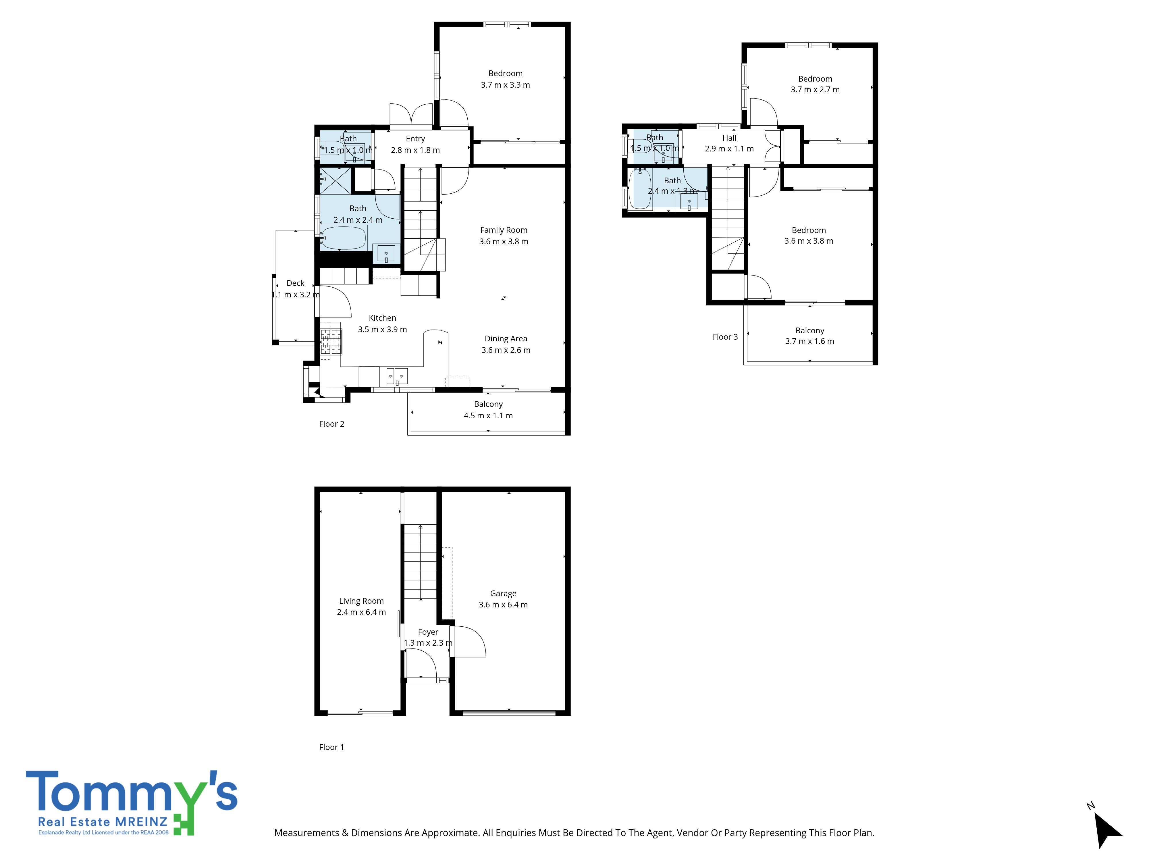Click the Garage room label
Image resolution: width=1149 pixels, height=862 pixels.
coord(503,593)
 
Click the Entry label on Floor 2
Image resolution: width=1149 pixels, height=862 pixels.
coord(415,139)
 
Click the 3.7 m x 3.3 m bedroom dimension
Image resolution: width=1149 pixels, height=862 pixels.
coord(505,85)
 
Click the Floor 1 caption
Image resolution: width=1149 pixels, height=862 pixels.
coord(331,747)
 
